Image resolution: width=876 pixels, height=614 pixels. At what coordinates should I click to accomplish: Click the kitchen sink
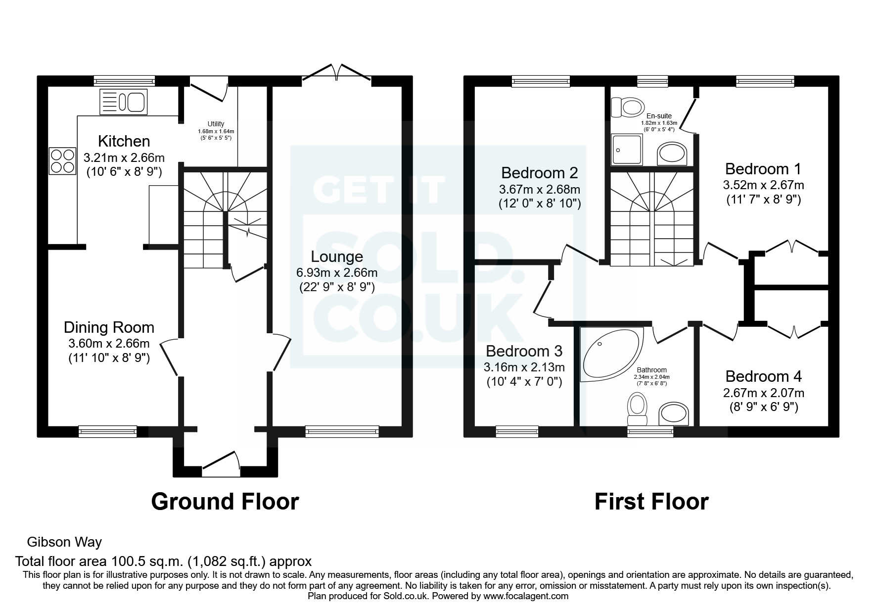[122, 102]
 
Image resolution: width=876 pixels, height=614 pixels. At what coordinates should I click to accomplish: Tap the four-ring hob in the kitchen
[62, 161]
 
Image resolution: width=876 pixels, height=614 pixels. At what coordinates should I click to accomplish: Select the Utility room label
[216, 124]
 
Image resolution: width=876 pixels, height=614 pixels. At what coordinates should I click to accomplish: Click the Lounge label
[337, 256]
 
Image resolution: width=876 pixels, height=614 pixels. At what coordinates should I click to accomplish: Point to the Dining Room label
[109, 327]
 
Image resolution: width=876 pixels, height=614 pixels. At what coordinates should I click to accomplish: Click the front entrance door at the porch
[221, 464]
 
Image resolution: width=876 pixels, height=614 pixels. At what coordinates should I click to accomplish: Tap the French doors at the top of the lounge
[337, 72]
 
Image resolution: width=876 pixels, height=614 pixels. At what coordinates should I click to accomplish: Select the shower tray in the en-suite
[627, 149]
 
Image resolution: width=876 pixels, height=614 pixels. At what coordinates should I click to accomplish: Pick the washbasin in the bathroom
[674, 414]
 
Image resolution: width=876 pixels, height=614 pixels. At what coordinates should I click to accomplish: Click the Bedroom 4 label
[763, 376]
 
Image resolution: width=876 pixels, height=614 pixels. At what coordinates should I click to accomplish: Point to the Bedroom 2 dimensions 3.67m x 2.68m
[540, 189]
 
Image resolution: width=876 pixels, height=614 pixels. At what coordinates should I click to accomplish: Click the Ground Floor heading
[225, 501]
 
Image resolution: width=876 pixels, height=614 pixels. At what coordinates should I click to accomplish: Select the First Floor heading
[651, 501]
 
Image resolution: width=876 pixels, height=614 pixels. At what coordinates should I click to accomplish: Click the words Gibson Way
[64, 542]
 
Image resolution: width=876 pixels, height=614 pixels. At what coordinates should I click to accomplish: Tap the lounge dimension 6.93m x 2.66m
[337, 273]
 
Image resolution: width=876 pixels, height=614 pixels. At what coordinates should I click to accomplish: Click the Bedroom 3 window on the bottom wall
[517, 432]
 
